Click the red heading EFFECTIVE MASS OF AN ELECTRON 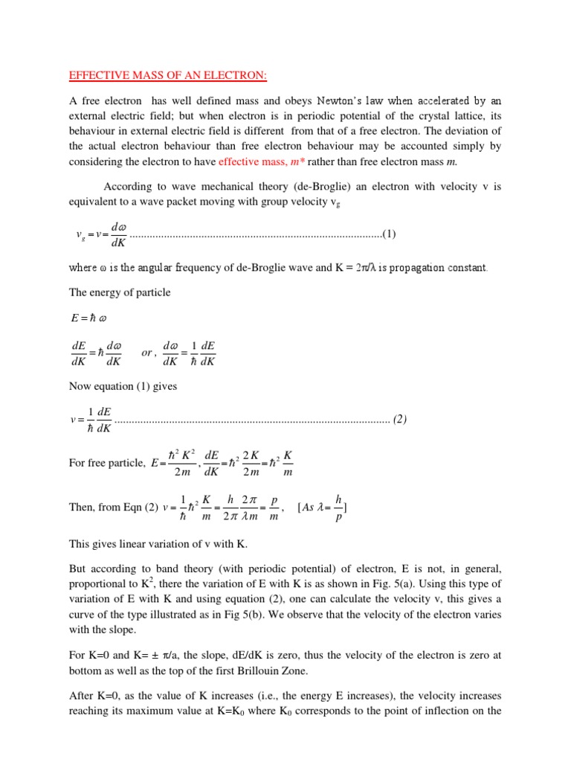(x=163, y=74)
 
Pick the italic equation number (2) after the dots (x=399, y=419)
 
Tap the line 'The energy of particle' (x=120, y=292)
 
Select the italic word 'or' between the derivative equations (x=149, y=353)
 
